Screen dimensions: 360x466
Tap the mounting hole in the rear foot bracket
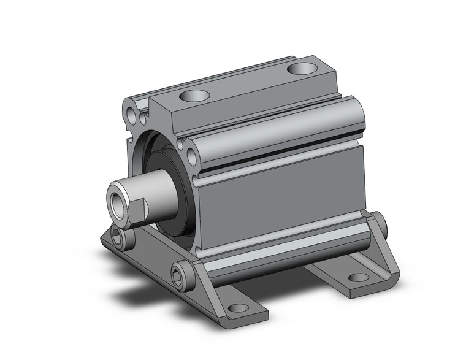(x=359, y=277)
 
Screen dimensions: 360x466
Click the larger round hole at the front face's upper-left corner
(x=132, y=114)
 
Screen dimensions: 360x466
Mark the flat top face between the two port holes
(x=245, y=83)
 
